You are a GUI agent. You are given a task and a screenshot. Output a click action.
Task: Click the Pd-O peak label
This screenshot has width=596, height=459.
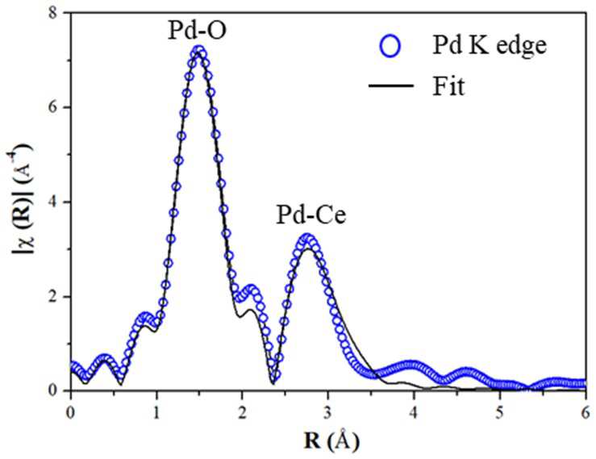coord(198,31)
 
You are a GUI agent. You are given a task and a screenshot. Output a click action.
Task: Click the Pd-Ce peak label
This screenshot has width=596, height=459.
coord(311,215)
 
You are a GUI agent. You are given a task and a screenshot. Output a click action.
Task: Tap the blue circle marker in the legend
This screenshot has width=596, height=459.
coord(390,46)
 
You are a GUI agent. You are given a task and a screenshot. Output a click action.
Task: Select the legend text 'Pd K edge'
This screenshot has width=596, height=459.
coord(490,46)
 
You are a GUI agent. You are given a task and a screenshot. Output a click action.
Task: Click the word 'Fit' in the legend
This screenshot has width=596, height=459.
coord(448,86)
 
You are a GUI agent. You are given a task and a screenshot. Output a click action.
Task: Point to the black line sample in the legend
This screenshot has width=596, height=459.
coord(390,86)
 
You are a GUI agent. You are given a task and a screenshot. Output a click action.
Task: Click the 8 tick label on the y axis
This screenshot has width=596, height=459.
coord(56,13)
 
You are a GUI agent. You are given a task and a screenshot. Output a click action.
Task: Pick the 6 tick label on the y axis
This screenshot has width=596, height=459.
coord(56,107)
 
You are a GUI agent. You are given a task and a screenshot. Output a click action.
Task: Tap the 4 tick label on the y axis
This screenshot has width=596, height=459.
coord(56,202)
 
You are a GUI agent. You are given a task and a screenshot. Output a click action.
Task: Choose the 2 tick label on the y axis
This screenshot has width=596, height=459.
coord(56,296)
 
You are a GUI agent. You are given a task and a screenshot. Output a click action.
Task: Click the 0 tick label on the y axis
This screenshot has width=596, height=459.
coord(56,390)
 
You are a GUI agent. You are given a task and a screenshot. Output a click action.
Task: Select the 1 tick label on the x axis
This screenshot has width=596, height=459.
coord(156,413)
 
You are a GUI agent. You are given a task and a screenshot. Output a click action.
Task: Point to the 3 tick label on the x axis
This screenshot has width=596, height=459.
coord(328,413)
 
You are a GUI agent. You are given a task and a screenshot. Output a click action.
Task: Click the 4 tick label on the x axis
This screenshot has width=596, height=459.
coord(415,413)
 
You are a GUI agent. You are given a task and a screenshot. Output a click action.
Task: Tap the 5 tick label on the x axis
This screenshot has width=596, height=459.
coord(500,413)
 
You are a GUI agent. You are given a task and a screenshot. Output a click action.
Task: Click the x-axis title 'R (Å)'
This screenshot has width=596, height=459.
coord(331,441)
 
